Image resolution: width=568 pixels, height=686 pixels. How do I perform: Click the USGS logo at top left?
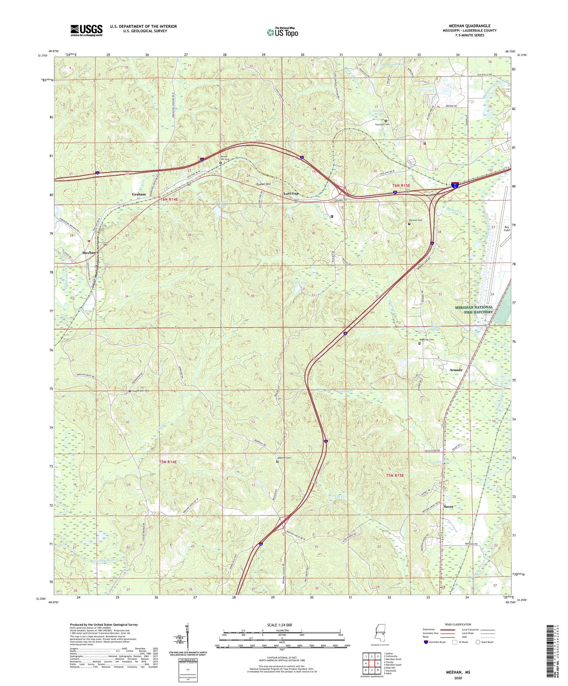(x=86, y=30)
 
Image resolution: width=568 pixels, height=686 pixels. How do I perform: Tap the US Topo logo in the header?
(x=282, y=32)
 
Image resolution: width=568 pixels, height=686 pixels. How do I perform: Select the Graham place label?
(x=139, y=194)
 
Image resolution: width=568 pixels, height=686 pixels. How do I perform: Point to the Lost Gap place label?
(x=291, y=194)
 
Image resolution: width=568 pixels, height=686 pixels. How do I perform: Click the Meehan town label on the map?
(x=89, y=253)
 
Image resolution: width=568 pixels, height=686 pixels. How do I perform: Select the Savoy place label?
(x=449, y=507)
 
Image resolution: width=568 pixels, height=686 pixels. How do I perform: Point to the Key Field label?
(x=507, y=228)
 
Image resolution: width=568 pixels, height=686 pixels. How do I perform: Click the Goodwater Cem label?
(x=141, y=391)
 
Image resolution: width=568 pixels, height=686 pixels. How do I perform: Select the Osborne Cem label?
(x=284, y=458)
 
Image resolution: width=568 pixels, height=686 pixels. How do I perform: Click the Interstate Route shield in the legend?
(x=427, y=642)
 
